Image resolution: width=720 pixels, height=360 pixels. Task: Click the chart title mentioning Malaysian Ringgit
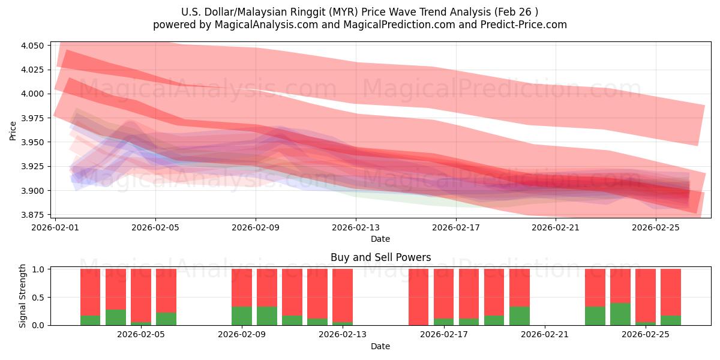click(x=359, y=11)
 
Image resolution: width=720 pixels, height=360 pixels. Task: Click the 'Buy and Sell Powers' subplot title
click(x=380, y=257)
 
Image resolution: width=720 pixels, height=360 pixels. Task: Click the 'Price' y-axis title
click(x=13, y=130)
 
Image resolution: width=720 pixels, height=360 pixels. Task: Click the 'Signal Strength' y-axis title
click(x=22, y=296)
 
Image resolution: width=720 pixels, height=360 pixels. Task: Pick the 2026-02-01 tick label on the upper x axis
click(x=56, y=228)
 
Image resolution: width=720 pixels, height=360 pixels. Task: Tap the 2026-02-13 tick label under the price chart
click(x=356, y=228)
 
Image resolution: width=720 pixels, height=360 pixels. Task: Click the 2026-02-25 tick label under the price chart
click(x=655, y=228)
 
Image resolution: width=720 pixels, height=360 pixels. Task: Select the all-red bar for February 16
click(x=418, y=297)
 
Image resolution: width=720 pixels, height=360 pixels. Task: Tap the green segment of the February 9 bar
click(x=242, y=316)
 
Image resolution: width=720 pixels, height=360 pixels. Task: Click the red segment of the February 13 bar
click(x=343, y=294)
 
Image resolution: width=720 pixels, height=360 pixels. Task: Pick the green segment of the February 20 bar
click(x=519, y=316)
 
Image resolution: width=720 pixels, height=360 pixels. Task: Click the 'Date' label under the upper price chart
click(x=380, y=239)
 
